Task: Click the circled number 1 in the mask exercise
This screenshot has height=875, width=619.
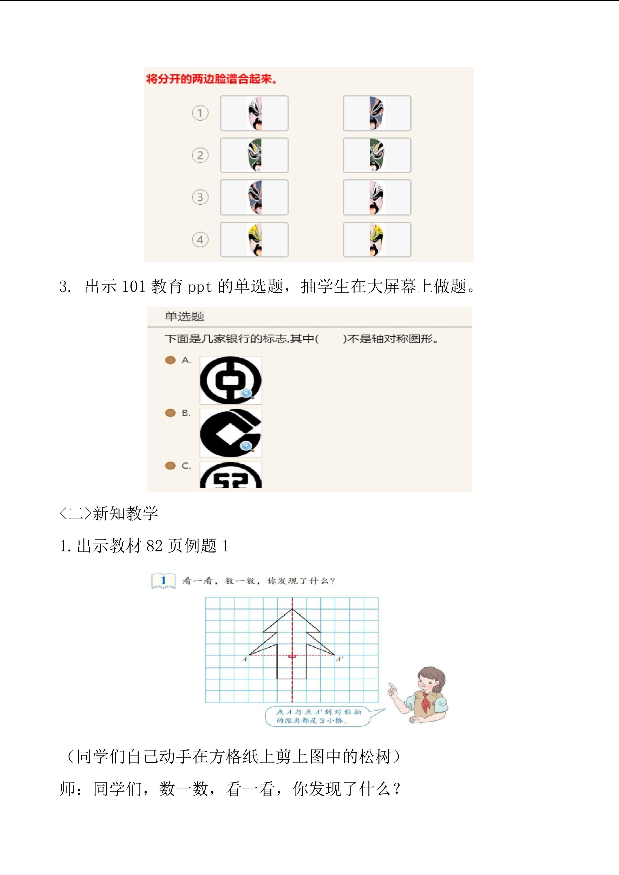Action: (200, 113)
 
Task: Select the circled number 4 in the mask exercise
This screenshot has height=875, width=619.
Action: (200, 240)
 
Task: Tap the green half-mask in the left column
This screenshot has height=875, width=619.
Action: (255, 155)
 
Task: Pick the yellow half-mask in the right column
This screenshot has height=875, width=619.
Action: (377, 240)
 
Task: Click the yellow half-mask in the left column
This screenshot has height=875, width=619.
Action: (255, 240)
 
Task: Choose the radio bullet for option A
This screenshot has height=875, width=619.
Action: (170, 360)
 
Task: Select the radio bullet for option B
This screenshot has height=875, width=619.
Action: (170, 413)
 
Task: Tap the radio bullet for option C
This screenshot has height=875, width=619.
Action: (170, 466)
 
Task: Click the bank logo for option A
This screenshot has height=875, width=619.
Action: (231, 380)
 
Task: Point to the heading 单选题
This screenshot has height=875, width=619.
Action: (185, 316)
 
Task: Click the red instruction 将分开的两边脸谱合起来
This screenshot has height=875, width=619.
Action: (212, 79)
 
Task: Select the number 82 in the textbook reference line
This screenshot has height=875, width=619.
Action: (155, 546)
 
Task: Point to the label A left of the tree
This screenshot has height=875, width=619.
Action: (245, 659)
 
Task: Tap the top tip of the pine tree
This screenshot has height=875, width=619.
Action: (292, 609)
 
